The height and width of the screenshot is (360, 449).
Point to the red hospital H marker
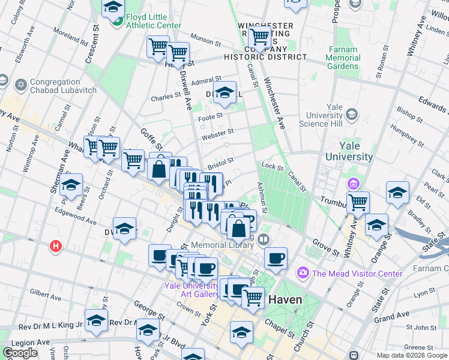(56, 246)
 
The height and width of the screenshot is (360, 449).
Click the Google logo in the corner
(20, 353)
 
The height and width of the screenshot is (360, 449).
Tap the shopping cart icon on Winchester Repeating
(260, 37)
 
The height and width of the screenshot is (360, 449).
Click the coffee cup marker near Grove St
(276, 258)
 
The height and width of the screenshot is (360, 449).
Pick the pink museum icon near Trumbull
(351, 182)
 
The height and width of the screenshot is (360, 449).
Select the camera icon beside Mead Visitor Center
(303, 274)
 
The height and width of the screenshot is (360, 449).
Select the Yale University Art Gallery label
(192, 290)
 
